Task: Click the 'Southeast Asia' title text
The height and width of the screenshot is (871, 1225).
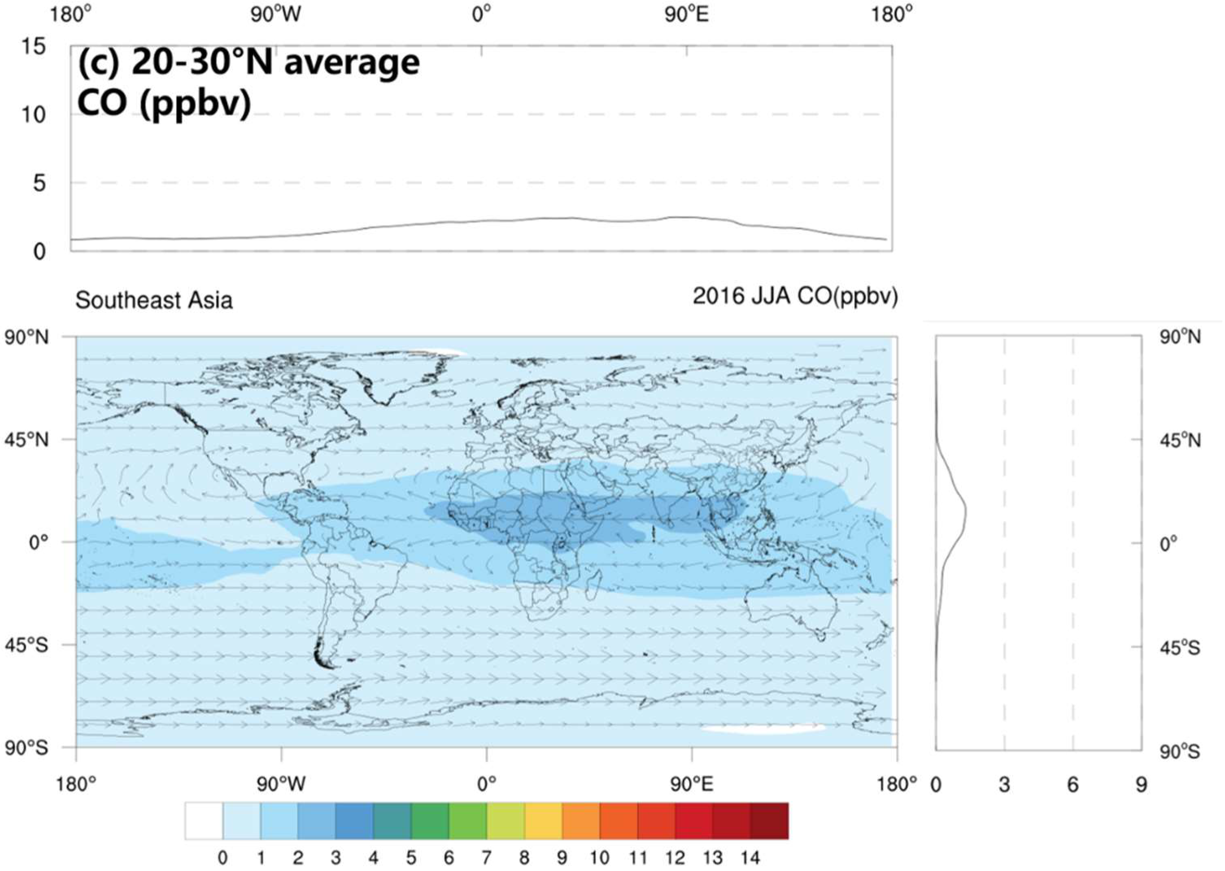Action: [x=154, y=300]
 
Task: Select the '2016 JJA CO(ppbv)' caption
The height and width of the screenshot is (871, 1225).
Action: [x=795, y=296]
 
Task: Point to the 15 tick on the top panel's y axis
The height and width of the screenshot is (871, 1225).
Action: [x=33, y=47]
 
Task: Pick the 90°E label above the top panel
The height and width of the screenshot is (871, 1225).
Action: [x=687, y=15]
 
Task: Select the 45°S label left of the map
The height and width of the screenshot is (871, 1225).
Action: [x=27, y=645]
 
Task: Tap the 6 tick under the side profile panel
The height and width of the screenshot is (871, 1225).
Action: [x=1072, y=785]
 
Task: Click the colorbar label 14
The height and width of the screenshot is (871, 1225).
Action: [x=750, y=858]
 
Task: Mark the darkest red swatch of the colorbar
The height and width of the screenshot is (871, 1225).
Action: [x=769, y=821]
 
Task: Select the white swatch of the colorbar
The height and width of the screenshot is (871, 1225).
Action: [x=204, y=821]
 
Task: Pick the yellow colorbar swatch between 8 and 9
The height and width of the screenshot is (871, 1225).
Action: [x=543, y=821]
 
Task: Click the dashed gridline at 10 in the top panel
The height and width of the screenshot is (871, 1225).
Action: [x=483, y=114]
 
